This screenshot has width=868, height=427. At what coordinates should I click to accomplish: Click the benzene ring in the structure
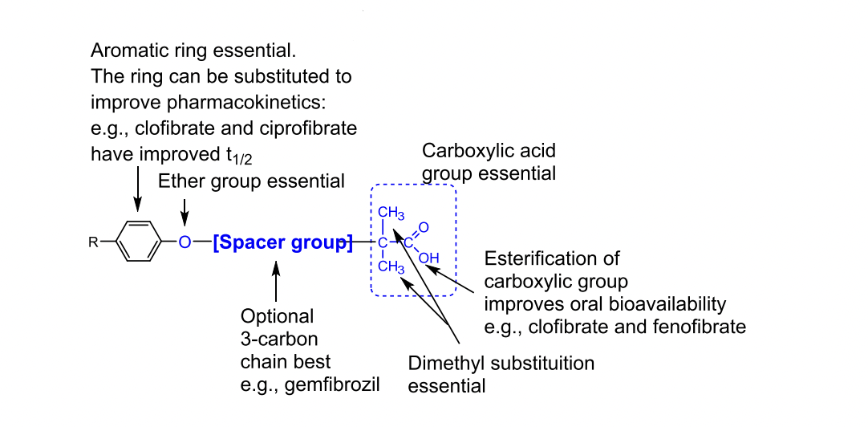[139, 241]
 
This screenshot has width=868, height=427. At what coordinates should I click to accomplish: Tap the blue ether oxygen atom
[185, 242]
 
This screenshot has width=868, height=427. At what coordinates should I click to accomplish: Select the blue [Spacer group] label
[282, 242]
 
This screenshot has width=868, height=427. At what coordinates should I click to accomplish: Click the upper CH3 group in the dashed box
[391, 213]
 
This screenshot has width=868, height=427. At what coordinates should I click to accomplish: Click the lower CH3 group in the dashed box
[391, 266]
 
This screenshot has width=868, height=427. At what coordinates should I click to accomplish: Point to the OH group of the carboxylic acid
[429, 258]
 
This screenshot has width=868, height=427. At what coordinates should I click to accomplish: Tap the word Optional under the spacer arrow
[278, 315]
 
